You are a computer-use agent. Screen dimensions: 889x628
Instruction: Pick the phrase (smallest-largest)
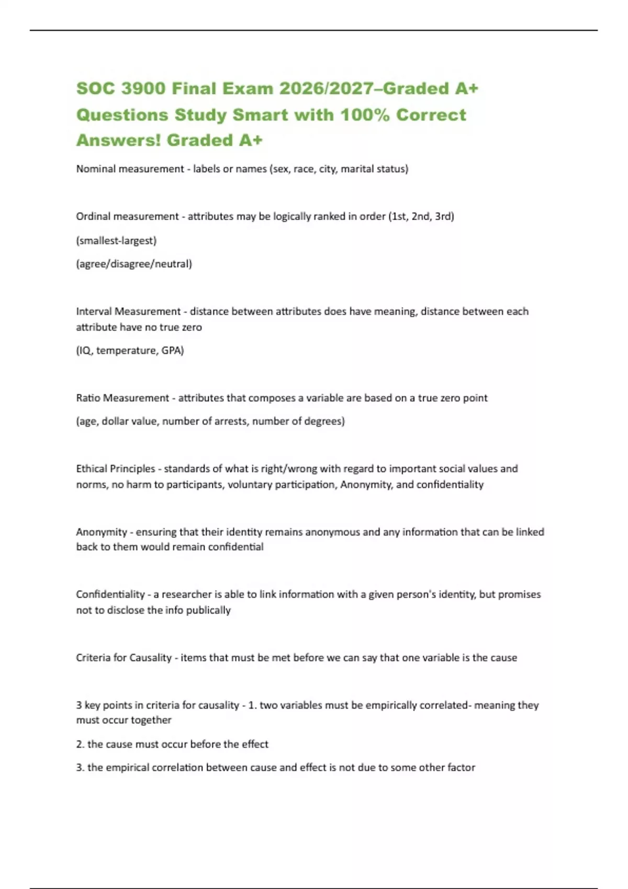(x=116, y=241)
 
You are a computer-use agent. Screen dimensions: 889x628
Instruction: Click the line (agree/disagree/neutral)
(x=134, y=264)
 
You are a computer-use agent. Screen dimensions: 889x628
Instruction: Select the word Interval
(x=94, y=312)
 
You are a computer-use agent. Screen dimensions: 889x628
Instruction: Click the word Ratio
(x=88, y=398)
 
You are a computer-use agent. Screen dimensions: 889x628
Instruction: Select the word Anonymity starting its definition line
(x=102, y=532)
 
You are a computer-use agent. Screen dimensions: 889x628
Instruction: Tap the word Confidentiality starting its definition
(x=110, y=595)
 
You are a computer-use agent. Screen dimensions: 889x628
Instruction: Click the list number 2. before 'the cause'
(x=80, y=744)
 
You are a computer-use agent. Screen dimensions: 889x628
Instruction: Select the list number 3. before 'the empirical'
(x=80, y=768)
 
